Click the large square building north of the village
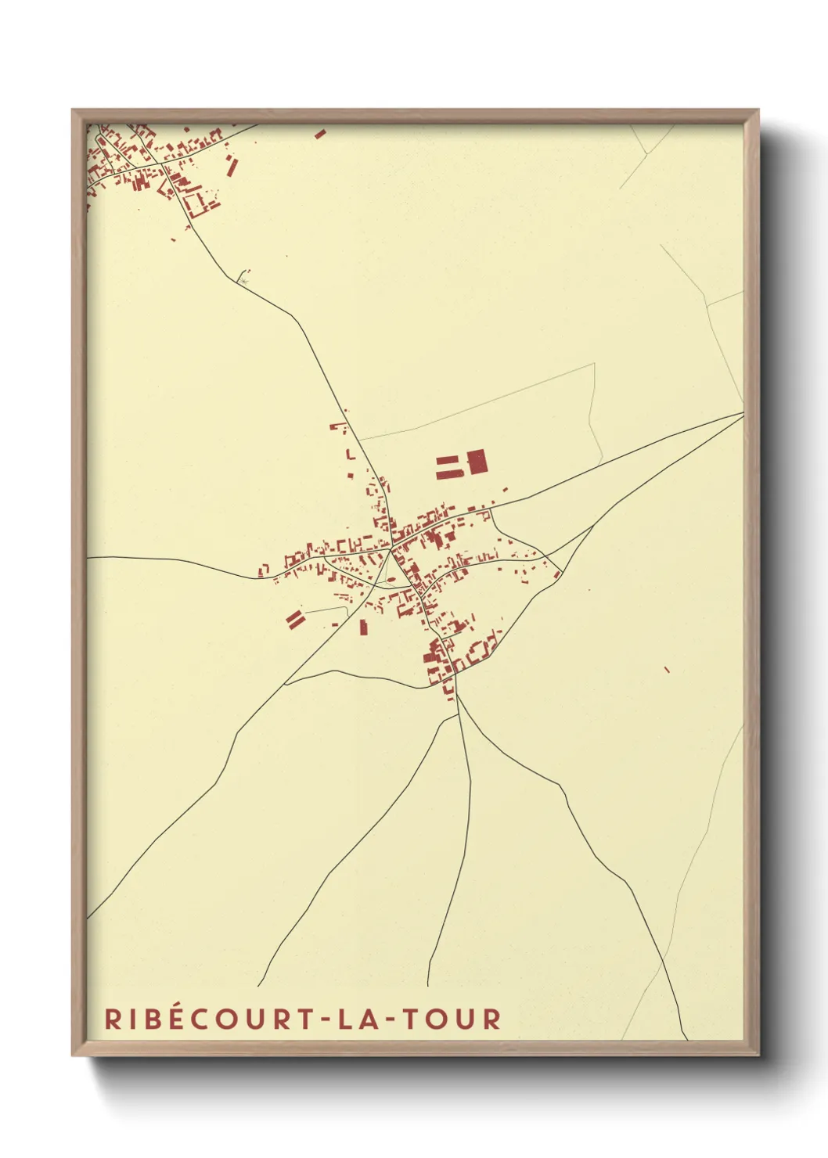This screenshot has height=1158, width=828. [477, 462]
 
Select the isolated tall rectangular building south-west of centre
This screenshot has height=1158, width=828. [363, 627]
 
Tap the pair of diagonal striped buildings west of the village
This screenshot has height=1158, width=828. [294, 620]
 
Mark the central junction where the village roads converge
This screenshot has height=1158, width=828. [391, 547]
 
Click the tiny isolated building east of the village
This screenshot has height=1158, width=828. [667, 669]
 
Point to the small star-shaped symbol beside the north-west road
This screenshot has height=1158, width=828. [245, 276]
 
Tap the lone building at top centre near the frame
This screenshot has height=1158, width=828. [319, 134]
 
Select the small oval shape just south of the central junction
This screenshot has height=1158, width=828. [390, 580]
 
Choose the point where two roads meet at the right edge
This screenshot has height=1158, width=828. [742, 413]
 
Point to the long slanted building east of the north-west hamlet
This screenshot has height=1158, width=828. [231, 166]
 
